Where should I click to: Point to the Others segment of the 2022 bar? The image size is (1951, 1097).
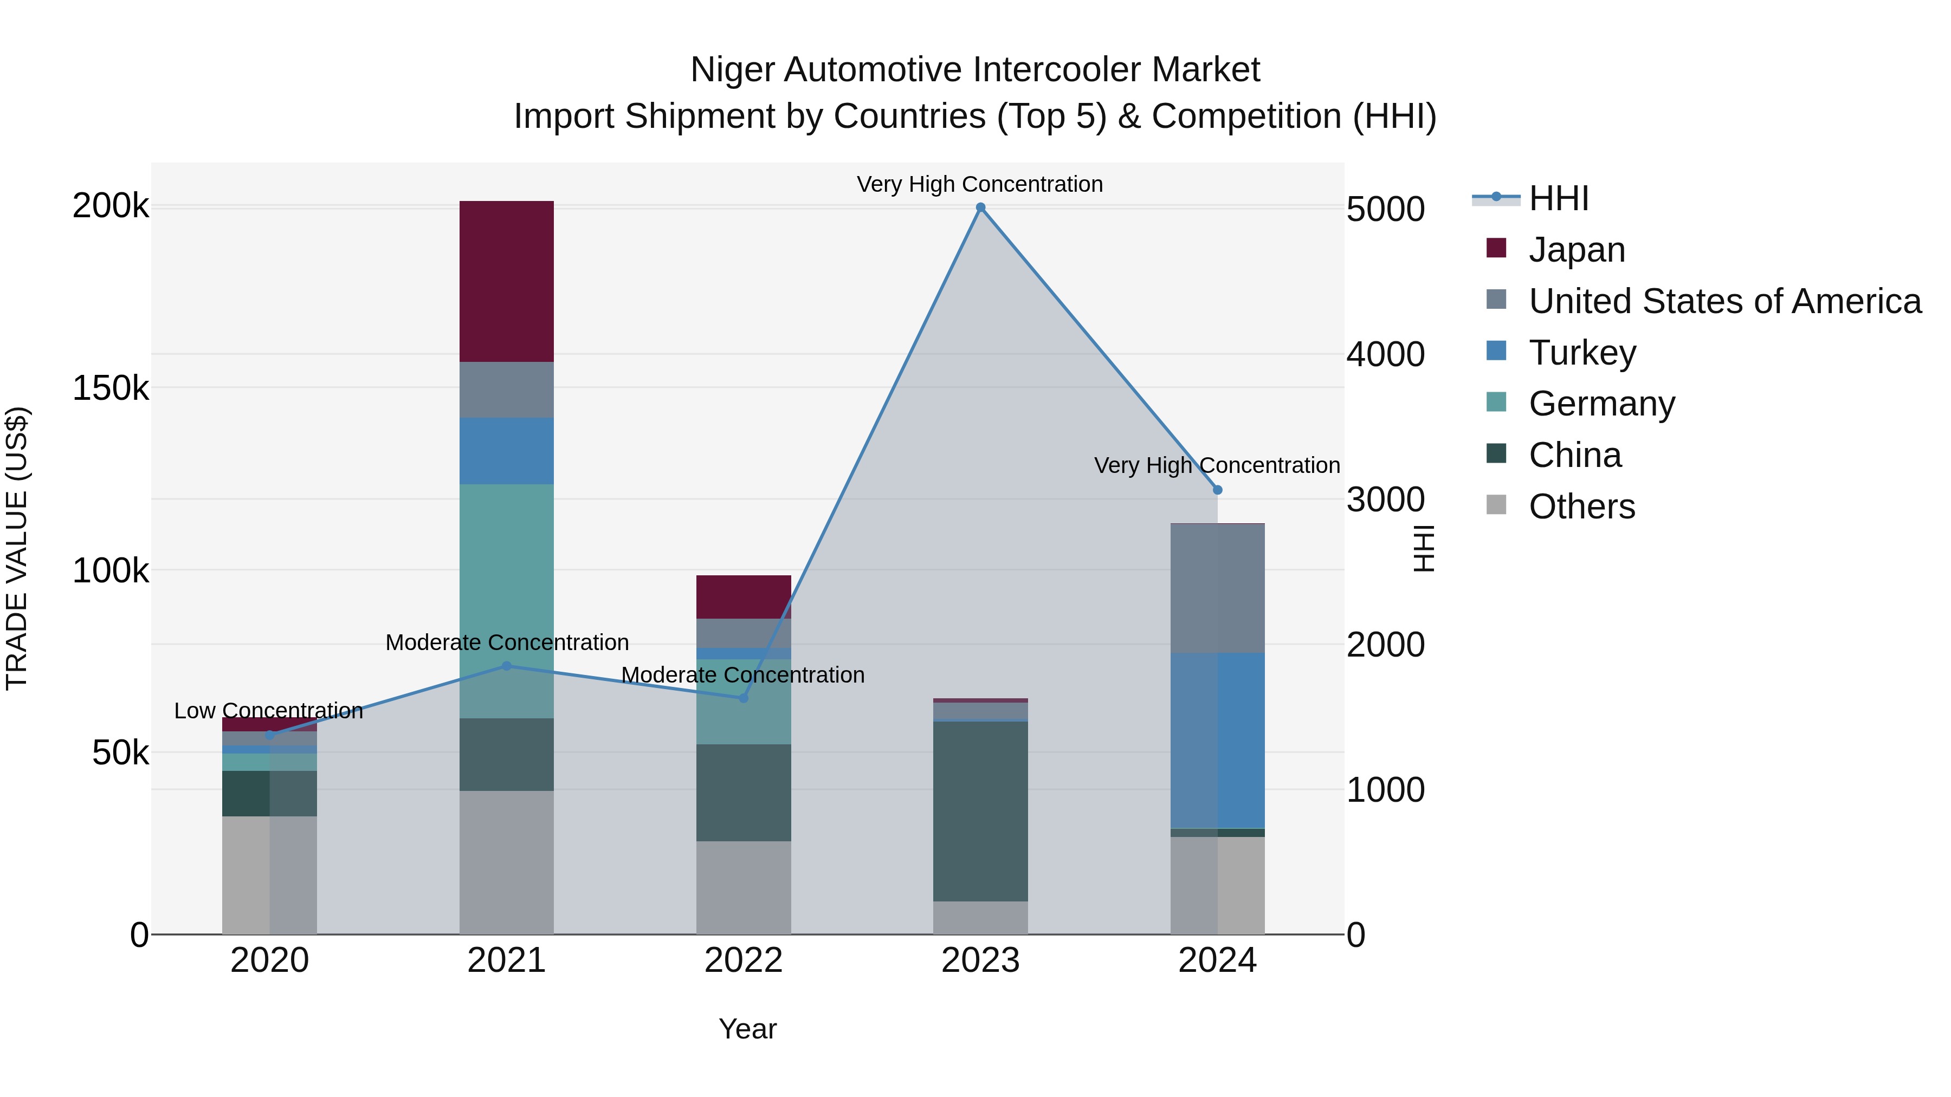click(743, 887)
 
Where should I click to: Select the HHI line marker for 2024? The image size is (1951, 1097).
click(1217, 490)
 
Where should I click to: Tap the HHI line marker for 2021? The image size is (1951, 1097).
click(507, 666)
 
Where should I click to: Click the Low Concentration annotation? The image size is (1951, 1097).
click(268, 711)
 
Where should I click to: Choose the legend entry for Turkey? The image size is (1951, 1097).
click(1581, 352)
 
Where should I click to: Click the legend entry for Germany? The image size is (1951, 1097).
click(1601, 404)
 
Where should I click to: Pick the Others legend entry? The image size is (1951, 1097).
click(1581, 507)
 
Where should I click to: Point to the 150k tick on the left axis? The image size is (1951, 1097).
click(111, 388)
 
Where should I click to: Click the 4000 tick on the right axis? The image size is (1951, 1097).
click(1385, 354)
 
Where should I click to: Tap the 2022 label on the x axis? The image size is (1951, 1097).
click(743, 960)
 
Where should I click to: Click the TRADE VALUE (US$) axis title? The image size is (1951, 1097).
click(17, 548)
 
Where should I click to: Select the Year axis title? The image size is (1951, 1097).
click(747, 1029)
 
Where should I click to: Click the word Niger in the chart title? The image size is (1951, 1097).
click(732, 70)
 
